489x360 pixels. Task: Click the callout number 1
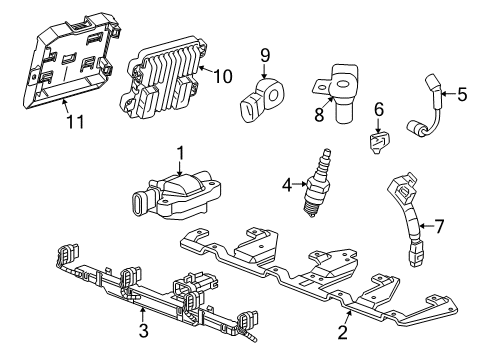[180, 153]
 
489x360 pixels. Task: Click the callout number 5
[462, 96]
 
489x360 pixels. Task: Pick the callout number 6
[379, 108]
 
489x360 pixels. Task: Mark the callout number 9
[265, 54]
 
